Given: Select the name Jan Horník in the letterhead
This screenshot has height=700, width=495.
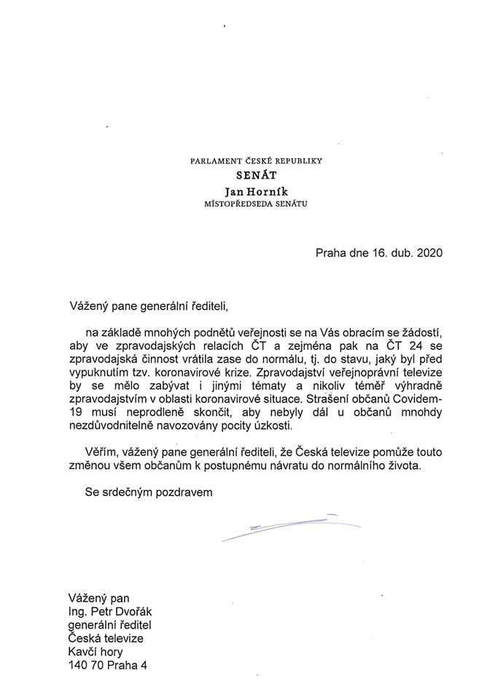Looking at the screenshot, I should [246, 191].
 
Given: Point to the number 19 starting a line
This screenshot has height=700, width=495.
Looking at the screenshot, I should [72, 413].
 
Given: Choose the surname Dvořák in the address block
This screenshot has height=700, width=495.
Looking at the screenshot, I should [140, 610].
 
